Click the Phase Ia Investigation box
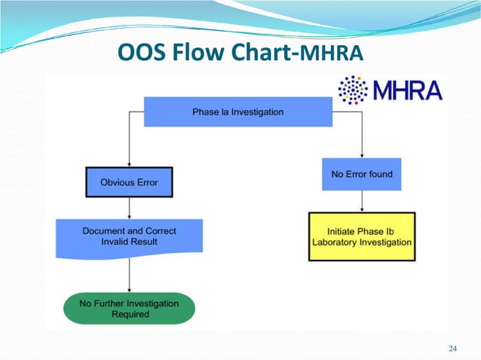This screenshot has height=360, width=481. coord(237,112)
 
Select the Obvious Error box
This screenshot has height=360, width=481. coord(129,182)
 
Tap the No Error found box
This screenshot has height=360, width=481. coord(362,174)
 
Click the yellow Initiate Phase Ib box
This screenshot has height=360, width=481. coord(362,236)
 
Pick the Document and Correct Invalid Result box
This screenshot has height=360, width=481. coord(129,235)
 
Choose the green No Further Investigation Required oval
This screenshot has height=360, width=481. coord(129,308)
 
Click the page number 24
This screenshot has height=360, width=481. coord(452,347)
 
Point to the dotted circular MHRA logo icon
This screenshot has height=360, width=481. coord(353,90)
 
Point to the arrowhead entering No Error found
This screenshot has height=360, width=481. coord(362,155)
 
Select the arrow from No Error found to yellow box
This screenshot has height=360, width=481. coord(362,200)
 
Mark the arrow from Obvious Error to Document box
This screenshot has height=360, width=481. coord(129,208)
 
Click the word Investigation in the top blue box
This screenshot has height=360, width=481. coord(257,112)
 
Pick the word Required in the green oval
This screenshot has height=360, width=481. coord(129,314)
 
